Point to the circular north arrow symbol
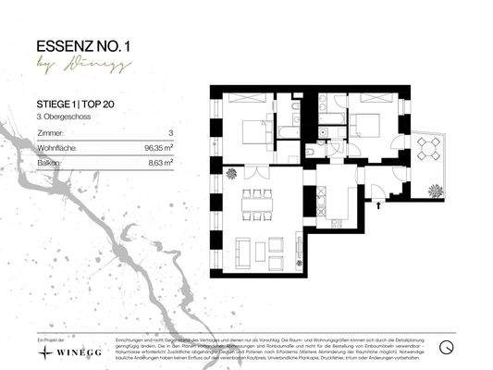click(447, 346)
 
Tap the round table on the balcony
click(426, 147)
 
